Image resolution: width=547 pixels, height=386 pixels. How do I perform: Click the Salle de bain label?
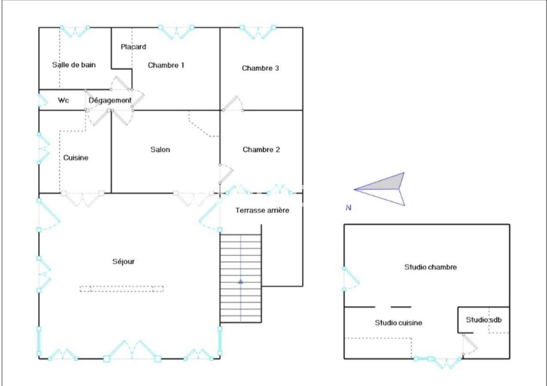[x=74, y=65]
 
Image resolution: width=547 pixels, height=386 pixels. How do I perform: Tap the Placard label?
[x=133, y=46]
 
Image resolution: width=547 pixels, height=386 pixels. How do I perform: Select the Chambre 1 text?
[x=166, y=65]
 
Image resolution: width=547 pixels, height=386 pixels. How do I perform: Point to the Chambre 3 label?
[x=260, y=68]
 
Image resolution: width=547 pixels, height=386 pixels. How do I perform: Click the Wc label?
[x=63, y=100]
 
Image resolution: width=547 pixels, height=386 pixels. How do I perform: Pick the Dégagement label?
[x=110, y=100]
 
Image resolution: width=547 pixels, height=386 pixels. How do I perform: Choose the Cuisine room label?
[x=76, y=158]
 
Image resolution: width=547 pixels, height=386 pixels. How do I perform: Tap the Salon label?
[x=160, y=149]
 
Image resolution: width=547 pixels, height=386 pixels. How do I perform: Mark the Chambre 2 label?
[x=261, y=149]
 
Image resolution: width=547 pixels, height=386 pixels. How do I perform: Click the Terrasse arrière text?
[x=262, y=210]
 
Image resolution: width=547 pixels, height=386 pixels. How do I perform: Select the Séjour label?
[x=123, y=261]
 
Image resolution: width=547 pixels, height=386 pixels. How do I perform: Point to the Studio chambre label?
[x=430, y=267]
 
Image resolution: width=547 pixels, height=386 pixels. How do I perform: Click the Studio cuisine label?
[x=398, y=323]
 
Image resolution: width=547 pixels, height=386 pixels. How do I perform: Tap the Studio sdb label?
[x=484, y=320]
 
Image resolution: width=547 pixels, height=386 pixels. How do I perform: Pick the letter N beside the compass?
[x=348, y=208]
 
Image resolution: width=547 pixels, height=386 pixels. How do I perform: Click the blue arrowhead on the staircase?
[x=240, y=281]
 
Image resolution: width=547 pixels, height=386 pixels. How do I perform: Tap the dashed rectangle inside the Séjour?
[x=122, y=289]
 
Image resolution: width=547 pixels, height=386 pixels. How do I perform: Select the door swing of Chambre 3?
[x=233, y=104]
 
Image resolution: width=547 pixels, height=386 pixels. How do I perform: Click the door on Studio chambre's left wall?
[x=351, y=279]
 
